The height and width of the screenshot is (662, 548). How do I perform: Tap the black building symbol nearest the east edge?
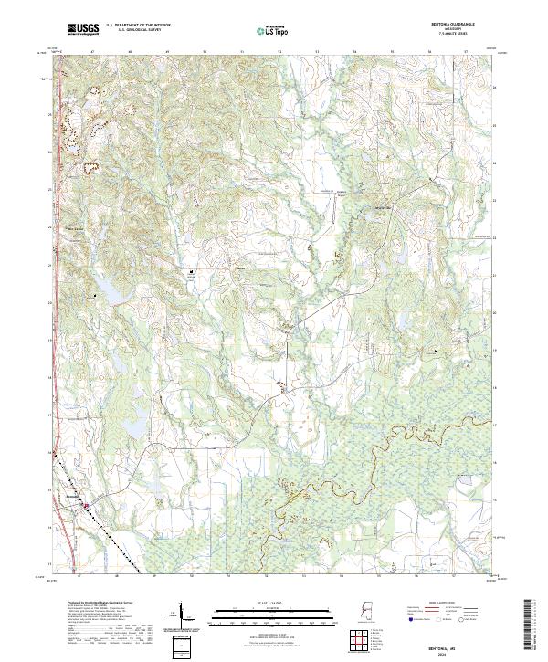[436, 351]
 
